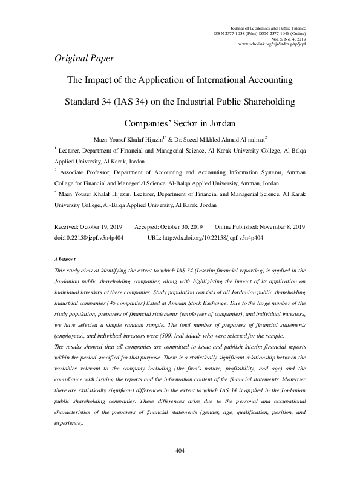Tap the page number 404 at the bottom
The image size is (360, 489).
179,467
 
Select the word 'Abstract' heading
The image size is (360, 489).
65,259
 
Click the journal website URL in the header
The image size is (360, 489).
273,44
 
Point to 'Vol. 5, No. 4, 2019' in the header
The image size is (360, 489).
289,39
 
